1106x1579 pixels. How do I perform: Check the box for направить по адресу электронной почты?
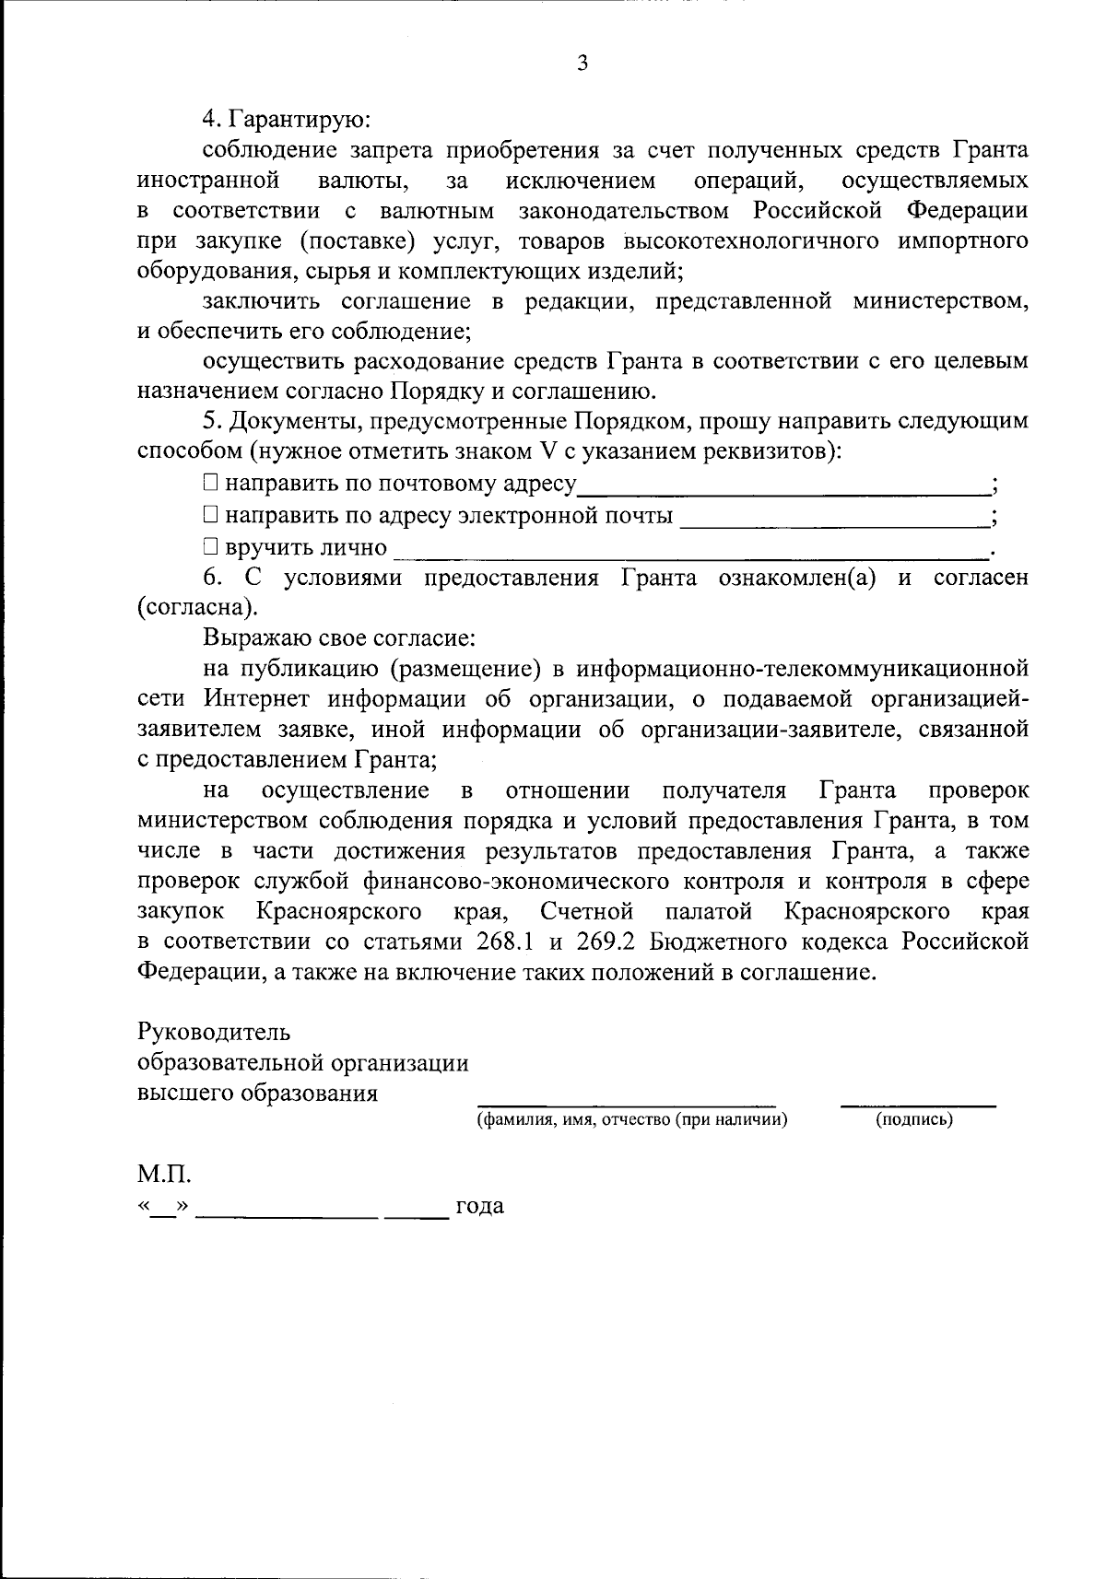[x=210, y=515]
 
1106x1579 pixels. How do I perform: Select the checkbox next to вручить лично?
[x=210, y=546]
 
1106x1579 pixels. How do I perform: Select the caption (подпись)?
[x=913, y=1120]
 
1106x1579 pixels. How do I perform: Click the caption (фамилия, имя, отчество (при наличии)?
[x=631, y=1120]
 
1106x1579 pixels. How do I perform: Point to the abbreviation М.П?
[x=165, y=1175]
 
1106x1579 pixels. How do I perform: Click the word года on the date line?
[x=479, y=1206]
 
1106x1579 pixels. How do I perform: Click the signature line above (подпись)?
[x=918, y=1105]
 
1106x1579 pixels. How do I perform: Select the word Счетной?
[x=587, y=912]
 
